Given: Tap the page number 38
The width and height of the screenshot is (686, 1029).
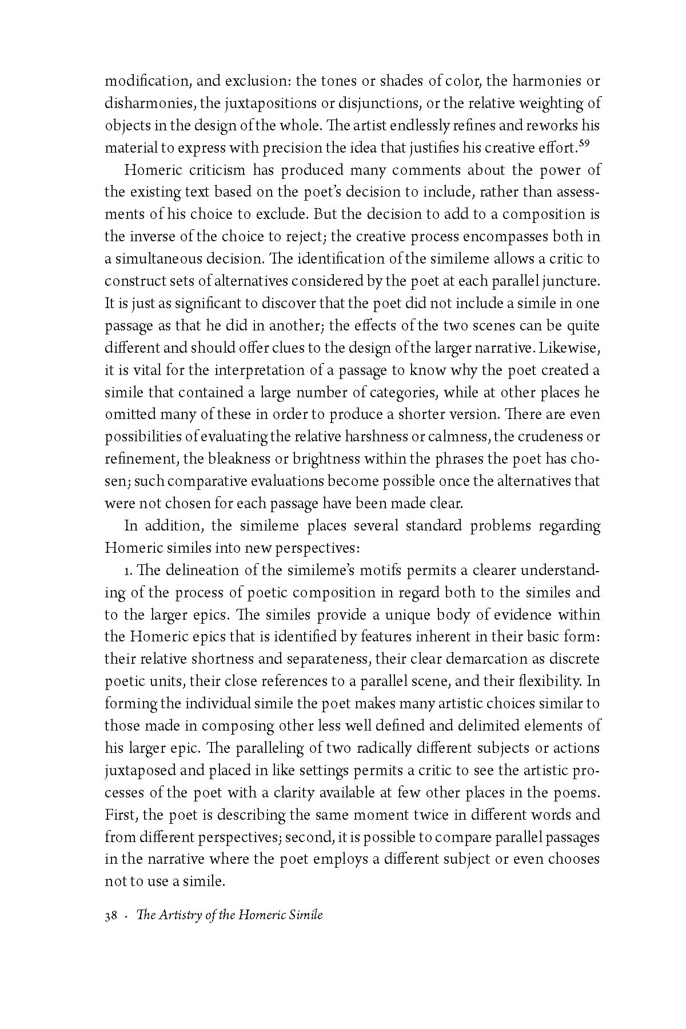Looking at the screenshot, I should (111, 915).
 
